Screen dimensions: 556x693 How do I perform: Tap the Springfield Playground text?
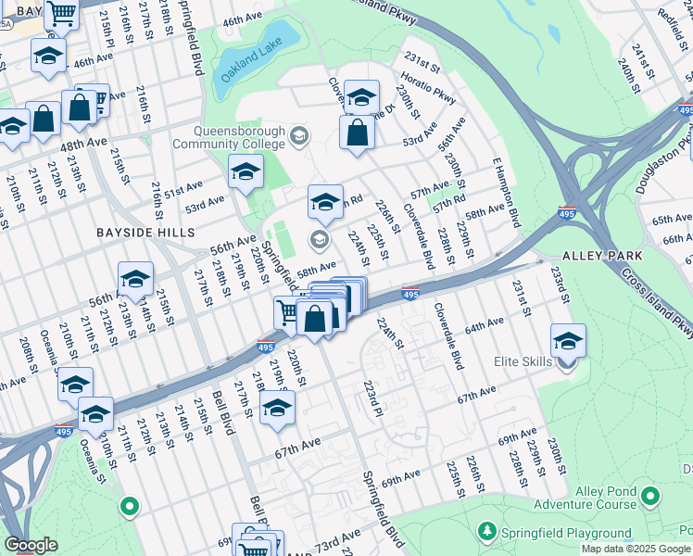pyautogui.click(x=567, y=532)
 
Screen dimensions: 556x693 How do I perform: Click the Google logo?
pyautogui.click(x=31, y=545)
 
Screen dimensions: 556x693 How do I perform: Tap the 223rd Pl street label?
pyautogui.click(x=373, y=398)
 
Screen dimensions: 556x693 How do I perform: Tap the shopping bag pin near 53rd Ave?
pyautogui.click(x=357, y=133)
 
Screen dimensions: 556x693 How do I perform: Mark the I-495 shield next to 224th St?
pyautogui.click(x=409, y=294)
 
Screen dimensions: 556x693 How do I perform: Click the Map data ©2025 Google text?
pyautogui.click(x=635, y=549)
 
